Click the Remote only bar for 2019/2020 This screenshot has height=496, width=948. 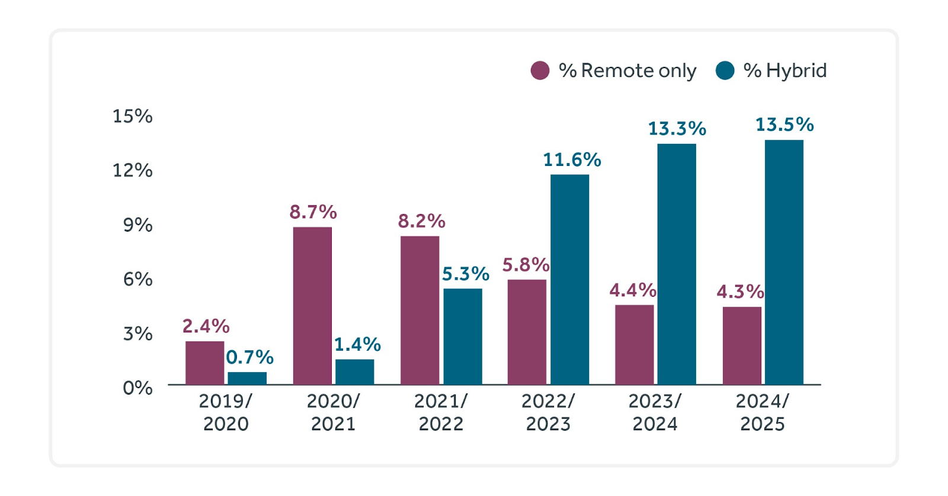(x=204, y=363)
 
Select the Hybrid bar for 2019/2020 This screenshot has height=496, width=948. (x=247, y=378)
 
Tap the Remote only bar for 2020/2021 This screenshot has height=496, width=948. (x=312, y=306)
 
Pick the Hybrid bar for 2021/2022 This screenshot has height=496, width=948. (x=463, y=337)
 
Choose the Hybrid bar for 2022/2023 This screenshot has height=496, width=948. (x=569, y=280)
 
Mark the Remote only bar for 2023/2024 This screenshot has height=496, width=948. (x=634, y=345)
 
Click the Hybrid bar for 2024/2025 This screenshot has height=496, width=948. (x=784, y=263)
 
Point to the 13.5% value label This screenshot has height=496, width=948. (x=784, y=124)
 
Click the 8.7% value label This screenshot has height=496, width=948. (x=313, y=212)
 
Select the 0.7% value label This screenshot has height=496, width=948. (x=249, y=357)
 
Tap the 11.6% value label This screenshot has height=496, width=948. (x=572, y=159)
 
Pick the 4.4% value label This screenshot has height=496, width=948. (x=633, y=290)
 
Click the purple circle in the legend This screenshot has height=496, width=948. (x=540, y=71)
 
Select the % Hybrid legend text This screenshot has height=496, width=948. (x=784, y=71)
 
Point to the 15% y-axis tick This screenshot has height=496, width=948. (x=133, y=116)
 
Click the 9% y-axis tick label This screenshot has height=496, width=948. (x=137, y=225)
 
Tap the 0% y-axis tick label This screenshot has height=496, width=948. (x=137, y=388)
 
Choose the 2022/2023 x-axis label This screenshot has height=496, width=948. (x=548, y=412)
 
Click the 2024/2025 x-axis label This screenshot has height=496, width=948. (x=763, y=412)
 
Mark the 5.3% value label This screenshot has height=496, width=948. (x=466, y=274)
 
